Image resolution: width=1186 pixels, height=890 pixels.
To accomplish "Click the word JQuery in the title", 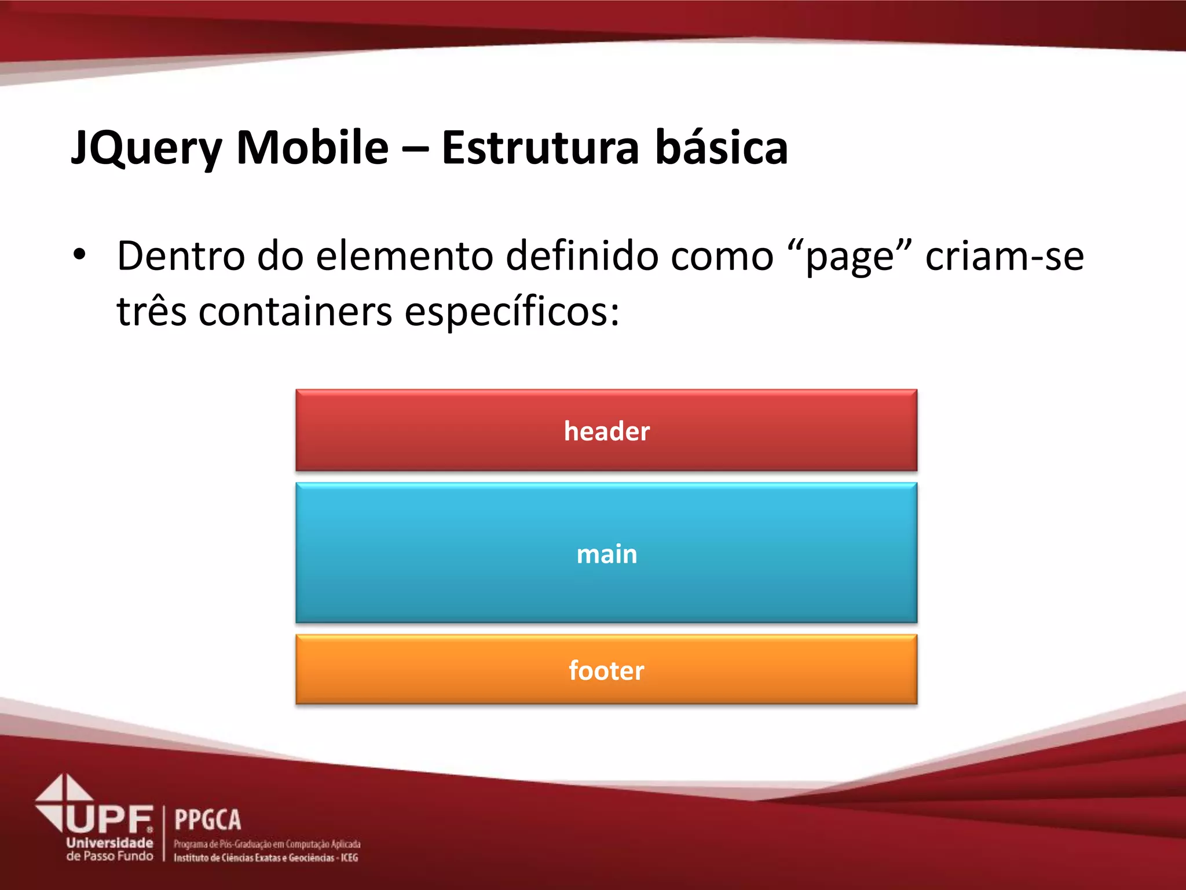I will point(147,148).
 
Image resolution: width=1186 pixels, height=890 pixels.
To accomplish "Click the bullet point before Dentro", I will point(80,254).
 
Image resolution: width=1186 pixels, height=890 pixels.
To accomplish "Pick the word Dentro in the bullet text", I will point(181,256).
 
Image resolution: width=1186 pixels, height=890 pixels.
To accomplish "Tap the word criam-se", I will point(1004,256).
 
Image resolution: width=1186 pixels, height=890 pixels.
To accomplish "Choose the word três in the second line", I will point(152,311).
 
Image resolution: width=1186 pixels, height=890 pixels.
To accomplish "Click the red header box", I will point(606,431).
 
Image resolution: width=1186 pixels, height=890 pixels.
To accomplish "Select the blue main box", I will point(606,553).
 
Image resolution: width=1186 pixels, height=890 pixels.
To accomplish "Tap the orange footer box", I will point(606,670).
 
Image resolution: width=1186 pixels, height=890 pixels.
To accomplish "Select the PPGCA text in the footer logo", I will point(207,820).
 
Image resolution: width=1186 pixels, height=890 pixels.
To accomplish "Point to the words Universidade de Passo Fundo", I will point(109,849).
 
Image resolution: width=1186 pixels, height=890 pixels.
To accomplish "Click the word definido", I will point(582,256).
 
